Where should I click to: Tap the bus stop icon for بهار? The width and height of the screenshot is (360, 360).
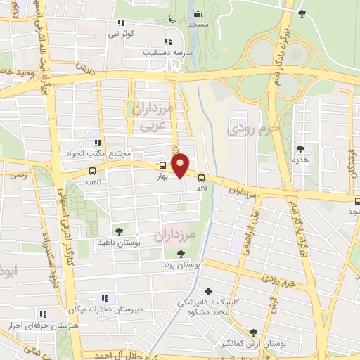163,166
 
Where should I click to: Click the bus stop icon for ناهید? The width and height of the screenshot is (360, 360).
92,171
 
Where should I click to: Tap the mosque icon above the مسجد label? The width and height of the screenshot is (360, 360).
198,13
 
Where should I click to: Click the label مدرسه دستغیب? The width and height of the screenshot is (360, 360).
146,52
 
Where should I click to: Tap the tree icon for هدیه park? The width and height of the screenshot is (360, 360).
300,148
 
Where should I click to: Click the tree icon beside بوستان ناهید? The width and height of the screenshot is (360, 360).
118,230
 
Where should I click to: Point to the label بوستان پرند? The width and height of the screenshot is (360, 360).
181,266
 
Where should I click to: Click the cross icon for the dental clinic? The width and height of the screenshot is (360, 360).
207,290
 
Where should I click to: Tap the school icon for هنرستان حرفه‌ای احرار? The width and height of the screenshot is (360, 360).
43,314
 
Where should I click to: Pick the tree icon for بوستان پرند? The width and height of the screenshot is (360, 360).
181,254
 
